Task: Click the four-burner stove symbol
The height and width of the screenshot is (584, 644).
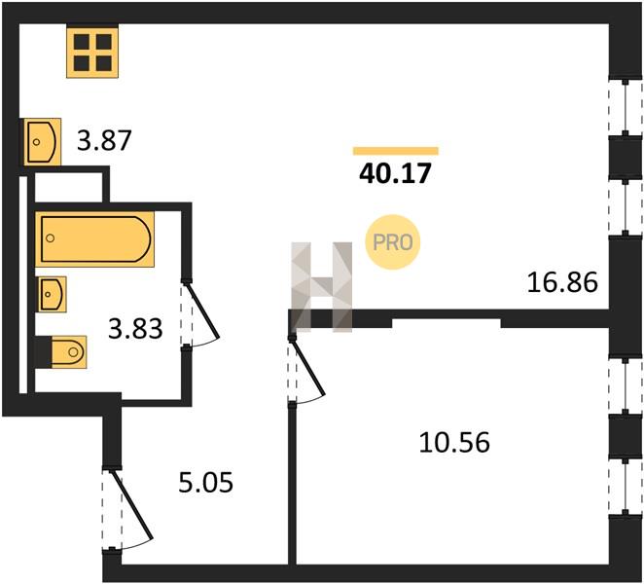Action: point(92,53)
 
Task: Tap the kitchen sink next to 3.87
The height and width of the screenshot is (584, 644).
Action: point(42,142)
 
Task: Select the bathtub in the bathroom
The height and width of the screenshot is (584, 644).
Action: point(95,239)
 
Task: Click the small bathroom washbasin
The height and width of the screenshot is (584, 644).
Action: point(53,294)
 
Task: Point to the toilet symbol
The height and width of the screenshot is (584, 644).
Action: point(69,352)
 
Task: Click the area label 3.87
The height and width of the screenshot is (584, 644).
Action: point(104,140)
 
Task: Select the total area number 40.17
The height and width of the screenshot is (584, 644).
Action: point(395,173)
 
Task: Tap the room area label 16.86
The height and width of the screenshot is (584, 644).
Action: point(562,282)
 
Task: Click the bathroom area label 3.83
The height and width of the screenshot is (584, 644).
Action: point(135,329)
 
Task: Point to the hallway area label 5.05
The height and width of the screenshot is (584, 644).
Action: point(206,482)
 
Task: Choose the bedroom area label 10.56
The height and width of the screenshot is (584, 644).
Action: point(454,443)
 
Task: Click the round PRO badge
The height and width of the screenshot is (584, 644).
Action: point(393,242)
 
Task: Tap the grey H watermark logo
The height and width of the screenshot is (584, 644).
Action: point(322,287)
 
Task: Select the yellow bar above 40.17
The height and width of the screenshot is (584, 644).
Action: point(396,151)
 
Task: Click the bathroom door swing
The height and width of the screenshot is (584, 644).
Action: point(200,314)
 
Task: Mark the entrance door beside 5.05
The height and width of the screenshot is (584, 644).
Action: point(127,509)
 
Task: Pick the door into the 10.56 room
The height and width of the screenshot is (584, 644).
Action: point(306,371)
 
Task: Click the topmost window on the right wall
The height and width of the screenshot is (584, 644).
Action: point(626,108)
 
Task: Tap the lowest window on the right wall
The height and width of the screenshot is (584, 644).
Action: point(626,487)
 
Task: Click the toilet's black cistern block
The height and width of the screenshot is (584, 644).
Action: point(44,352)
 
